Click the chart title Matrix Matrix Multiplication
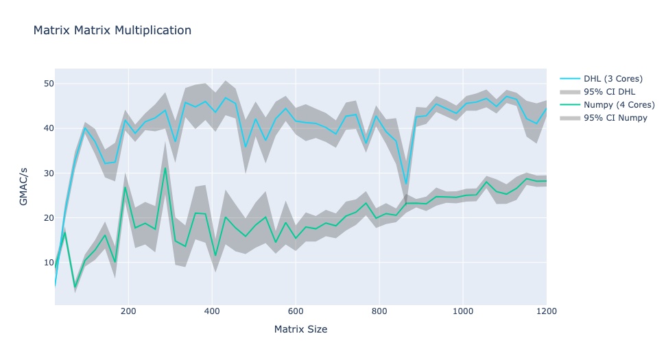tap(112, 30)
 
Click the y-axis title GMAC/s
tap(24, 187)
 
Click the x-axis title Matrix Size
tap(300, 329)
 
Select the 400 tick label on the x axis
tap(212, 311)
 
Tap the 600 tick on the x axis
tap(296, 311)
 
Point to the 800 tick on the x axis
tap(379, 311)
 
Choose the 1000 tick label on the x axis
tap(463, 311)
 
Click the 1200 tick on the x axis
tap(546, 311)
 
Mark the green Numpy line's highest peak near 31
tap(165, 168)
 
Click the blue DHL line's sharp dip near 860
tap(406, 183)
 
